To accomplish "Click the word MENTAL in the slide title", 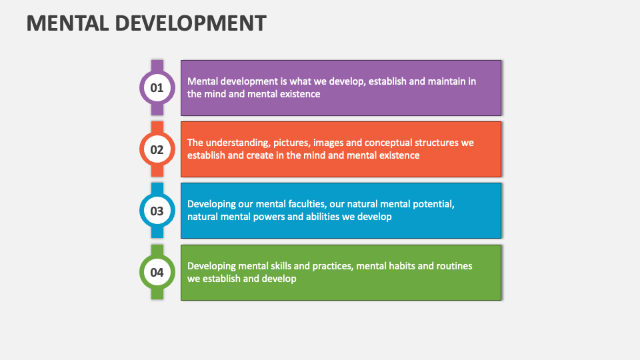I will (x=66, y=23).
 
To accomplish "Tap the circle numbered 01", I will (x=157, y=87).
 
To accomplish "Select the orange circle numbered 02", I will (x=157, y=149).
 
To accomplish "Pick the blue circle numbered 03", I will (x=157, y=211).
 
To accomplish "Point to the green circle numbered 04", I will (x=157, y=273).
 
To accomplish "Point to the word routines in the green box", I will (x=454, y=266).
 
